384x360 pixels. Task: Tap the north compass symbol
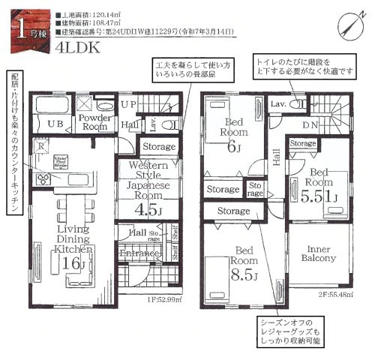click(358, 19)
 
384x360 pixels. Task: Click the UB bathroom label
click(55, 124)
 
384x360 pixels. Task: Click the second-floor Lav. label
click(277, 103)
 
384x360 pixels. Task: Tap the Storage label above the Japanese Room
click(158, 147)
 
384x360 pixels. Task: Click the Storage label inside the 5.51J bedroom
click(303, 142)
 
